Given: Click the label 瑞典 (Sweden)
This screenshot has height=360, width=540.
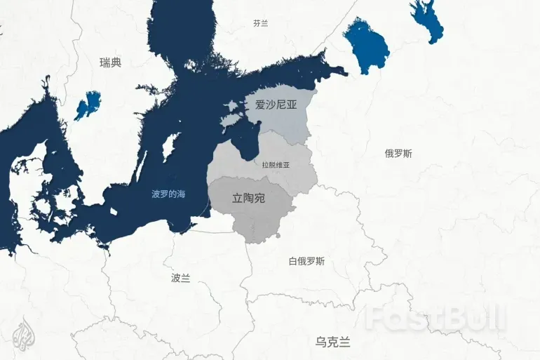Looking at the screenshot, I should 111,62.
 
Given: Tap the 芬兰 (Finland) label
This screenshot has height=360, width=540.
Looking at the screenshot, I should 261,23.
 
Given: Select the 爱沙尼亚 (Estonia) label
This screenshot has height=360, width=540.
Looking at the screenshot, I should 276,105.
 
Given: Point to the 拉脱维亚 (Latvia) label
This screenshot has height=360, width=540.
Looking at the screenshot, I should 276,165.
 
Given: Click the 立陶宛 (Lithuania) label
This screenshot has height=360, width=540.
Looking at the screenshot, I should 248,199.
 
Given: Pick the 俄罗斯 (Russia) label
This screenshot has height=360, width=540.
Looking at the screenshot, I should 398,153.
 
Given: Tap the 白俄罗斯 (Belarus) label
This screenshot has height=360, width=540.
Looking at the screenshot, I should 306,262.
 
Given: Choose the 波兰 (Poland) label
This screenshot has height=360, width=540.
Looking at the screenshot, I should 180,278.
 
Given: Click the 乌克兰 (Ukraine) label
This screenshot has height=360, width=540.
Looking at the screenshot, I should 332,342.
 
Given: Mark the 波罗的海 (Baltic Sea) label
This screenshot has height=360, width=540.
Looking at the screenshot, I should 169,194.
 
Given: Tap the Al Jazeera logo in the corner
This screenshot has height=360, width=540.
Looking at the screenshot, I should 24,336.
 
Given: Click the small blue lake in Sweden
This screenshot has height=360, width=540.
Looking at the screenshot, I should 88,105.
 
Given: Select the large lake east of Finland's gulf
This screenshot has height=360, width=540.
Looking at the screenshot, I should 365,46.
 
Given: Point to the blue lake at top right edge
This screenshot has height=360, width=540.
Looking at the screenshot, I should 427,25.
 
